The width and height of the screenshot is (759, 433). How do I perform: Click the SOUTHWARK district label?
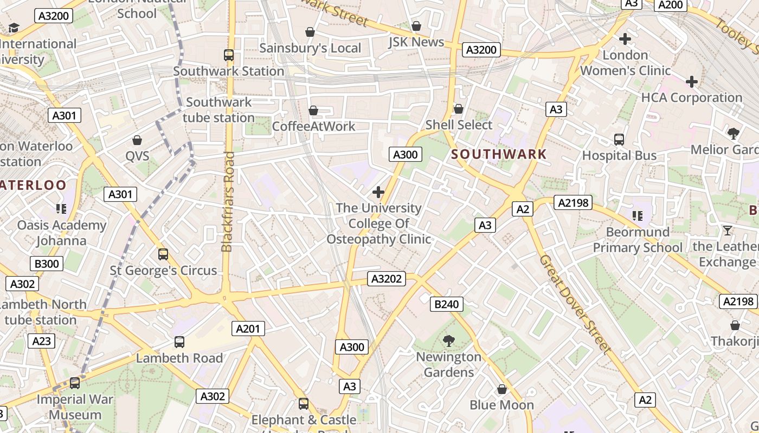[499, 154]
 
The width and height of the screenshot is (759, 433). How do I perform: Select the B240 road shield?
[447, 304]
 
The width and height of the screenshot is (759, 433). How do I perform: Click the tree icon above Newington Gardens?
[448, 341]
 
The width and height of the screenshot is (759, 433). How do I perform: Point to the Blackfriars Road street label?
[228, 201]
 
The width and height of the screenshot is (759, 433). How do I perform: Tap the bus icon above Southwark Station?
[229, 55]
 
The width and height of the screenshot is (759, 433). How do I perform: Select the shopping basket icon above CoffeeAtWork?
[313, 110]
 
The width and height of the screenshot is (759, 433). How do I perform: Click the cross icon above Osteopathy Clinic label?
[378, 192]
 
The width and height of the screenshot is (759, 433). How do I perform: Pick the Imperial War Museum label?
[75, 407]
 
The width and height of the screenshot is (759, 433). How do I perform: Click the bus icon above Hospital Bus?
[619, 140]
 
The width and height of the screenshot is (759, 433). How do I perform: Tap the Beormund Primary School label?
[638, 240]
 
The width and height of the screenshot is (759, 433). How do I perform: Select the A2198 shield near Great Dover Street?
[573, 203]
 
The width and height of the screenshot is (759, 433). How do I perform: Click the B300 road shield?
[47, 264]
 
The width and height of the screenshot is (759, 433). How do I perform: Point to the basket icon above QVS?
[137, 140]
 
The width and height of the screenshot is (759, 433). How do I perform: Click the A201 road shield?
[248, 328]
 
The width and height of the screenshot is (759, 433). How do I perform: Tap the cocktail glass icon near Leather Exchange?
[728, 231]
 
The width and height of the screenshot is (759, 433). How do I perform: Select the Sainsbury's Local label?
[310, 48]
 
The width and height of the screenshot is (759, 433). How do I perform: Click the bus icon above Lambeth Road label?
[179, 342]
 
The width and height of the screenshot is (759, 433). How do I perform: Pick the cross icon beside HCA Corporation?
[692, 82]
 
